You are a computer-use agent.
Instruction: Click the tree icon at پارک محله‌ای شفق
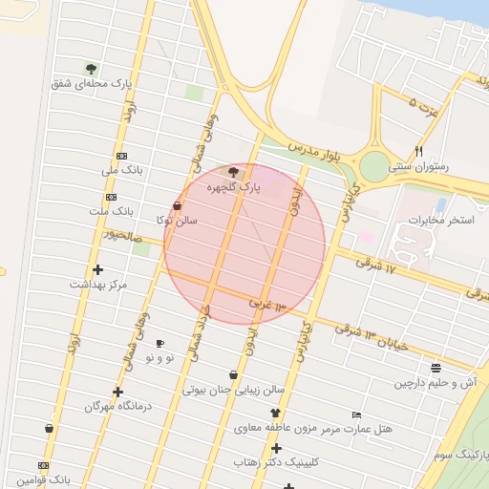point(91,69)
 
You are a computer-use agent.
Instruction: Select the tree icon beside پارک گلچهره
point(234,173)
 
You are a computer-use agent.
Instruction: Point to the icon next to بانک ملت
point(110,197)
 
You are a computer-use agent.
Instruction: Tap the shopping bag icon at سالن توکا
point(178,205)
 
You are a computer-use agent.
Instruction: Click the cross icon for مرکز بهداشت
point(97,269)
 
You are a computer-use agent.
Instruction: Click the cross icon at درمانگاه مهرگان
point(117,392)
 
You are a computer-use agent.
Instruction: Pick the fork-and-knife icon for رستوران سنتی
point(418,151)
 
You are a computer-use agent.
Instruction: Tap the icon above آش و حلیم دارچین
point(436,368)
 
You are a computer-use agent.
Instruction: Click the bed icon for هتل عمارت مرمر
point(356,415)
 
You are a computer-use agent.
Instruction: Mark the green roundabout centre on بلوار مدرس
point(374,165)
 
